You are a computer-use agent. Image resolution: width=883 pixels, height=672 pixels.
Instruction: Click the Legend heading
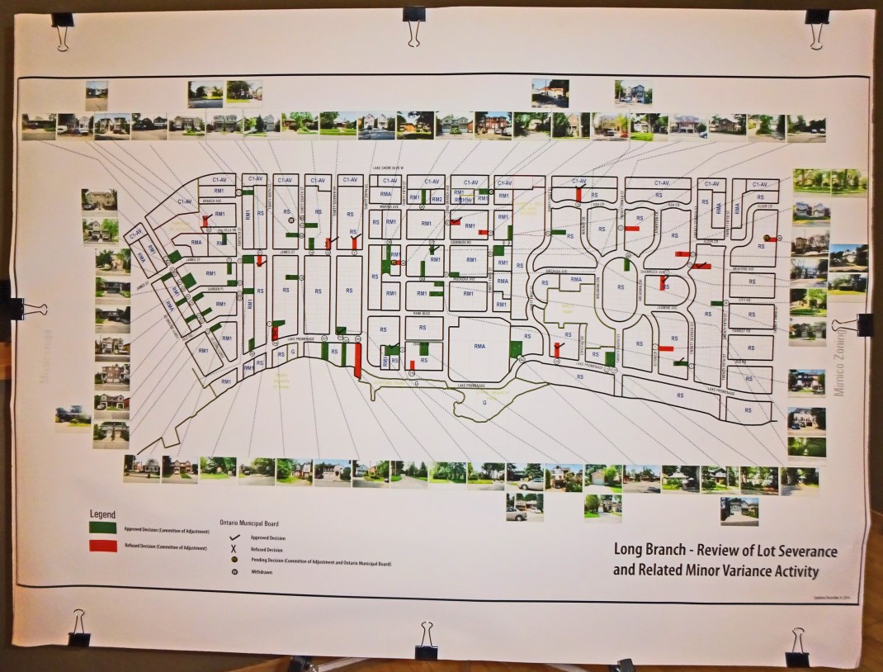click(103, 514)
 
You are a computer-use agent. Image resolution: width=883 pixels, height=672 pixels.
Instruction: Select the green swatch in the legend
click(103, 528)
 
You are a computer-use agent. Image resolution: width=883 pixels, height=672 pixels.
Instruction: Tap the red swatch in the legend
click(103, 546)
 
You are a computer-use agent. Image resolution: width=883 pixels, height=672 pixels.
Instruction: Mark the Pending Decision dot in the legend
click(225, 562)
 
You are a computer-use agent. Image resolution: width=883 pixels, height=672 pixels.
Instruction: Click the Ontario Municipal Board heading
click(248, 523)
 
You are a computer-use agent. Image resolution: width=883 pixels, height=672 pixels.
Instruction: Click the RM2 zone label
click(437, 199)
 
